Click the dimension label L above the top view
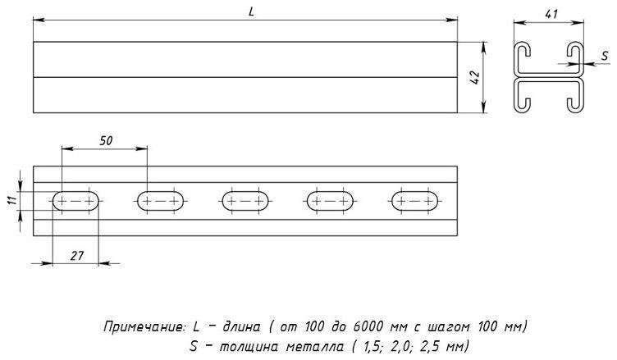click(251, 11)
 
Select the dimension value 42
click(475, 78)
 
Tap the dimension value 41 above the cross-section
click(551, 14)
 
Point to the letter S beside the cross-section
click(606, 56)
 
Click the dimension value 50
click(106, 140)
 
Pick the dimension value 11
click(13, 199)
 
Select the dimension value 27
click(77, 256)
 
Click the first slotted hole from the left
click(75, 201)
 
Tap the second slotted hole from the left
click(161, 201)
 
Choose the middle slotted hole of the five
click(245, 201)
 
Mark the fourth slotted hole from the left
click(330, 201)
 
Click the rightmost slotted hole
click(415, 201)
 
